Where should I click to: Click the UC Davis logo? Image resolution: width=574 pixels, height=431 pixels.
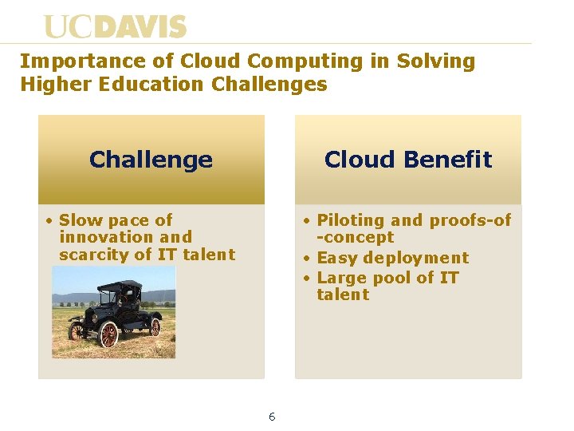pos(115,27)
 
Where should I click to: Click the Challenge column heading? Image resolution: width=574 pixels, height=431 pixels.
pos(151,160)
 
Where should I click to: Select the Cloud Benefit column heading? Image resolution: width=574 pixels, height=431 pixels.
pos(408,160)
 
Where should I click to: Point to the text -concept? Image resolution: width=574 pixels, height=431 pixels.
pos(355,238)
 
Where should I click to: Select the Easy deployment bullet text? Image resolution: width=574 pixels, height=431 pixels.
pos(392,258)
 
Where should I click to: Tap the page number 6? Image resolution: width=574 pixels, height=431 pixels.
pos(272,417)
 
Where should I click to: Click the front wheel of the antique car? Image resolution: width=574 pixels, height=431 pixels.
pos(108,334)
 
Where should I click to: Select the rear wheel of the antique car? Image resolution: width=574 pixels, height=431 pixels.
pos(156,327)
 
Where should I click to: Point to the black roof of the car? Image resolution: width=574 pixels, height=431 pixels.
pos(120,286)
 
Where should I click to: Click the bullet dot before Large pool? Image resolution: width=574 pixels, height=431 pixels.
pos(305,278)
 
